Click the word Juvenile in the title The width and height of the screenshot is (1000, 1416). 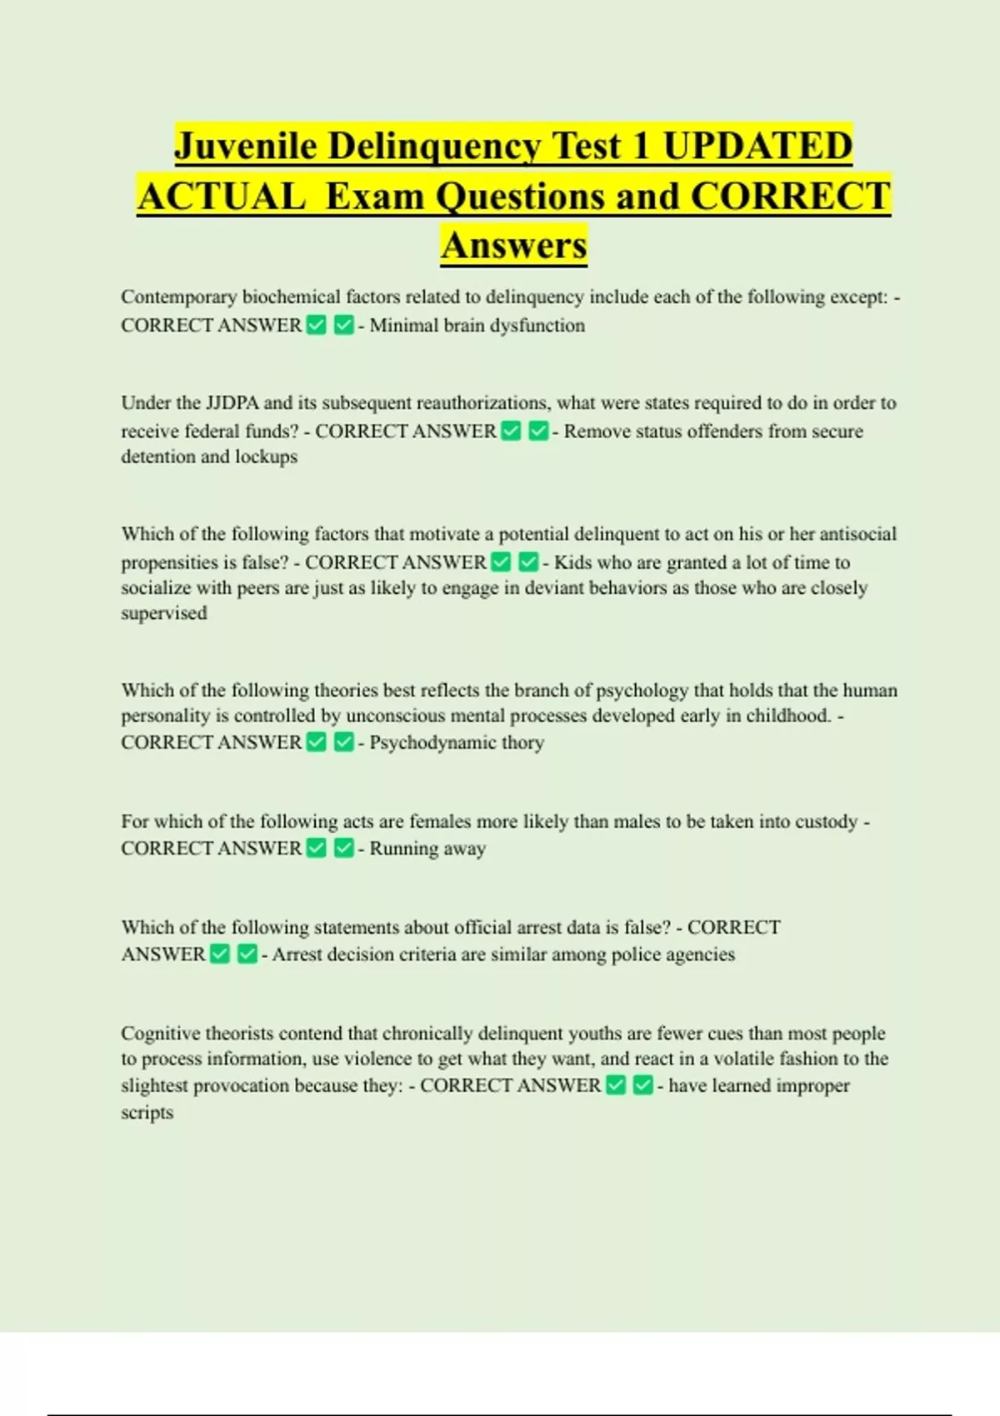point(245,147)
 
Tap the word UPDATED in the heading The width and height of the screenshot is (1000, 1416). point(757,147)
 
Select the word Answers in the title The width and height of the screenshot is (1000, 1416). point(514,246)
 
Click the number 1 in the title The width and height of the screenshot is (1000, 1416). point(640,147)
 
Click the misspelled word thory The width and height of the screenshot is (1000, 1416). point(522,742)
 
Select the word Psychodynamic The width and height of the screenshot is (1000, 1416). point(432,742)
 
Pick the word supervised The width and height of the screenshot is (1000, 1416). point(164,613)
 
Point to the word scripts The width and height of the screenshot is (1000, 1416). point(147,1113)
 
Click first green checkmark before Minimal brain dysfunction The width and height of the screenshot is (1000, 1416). point(317,326)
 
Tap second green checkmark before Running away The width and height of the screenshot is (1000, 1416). point(343,849)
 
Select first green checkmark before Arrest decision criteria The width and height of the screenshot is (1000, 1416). point(220,955)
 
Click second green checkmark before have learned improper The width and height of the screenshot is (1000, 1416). point(642,1086)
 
